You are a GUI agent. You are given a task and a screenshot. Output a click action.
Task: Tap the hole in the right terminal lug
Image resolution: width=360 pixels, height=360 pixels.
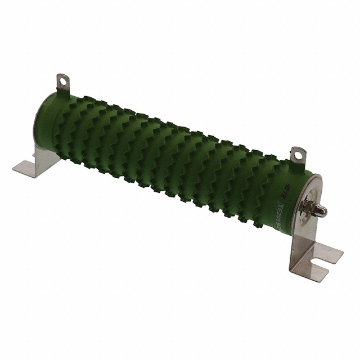tap(297, 152)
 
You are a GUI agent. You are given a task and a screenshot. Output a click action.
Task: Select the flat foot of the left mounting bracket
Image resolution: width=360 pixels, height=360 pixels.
tap(27, 168)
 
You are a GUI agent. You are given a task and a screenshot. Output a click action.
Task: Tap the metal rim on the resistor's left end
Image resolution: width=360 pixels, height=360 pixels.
tap(39, 121)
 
